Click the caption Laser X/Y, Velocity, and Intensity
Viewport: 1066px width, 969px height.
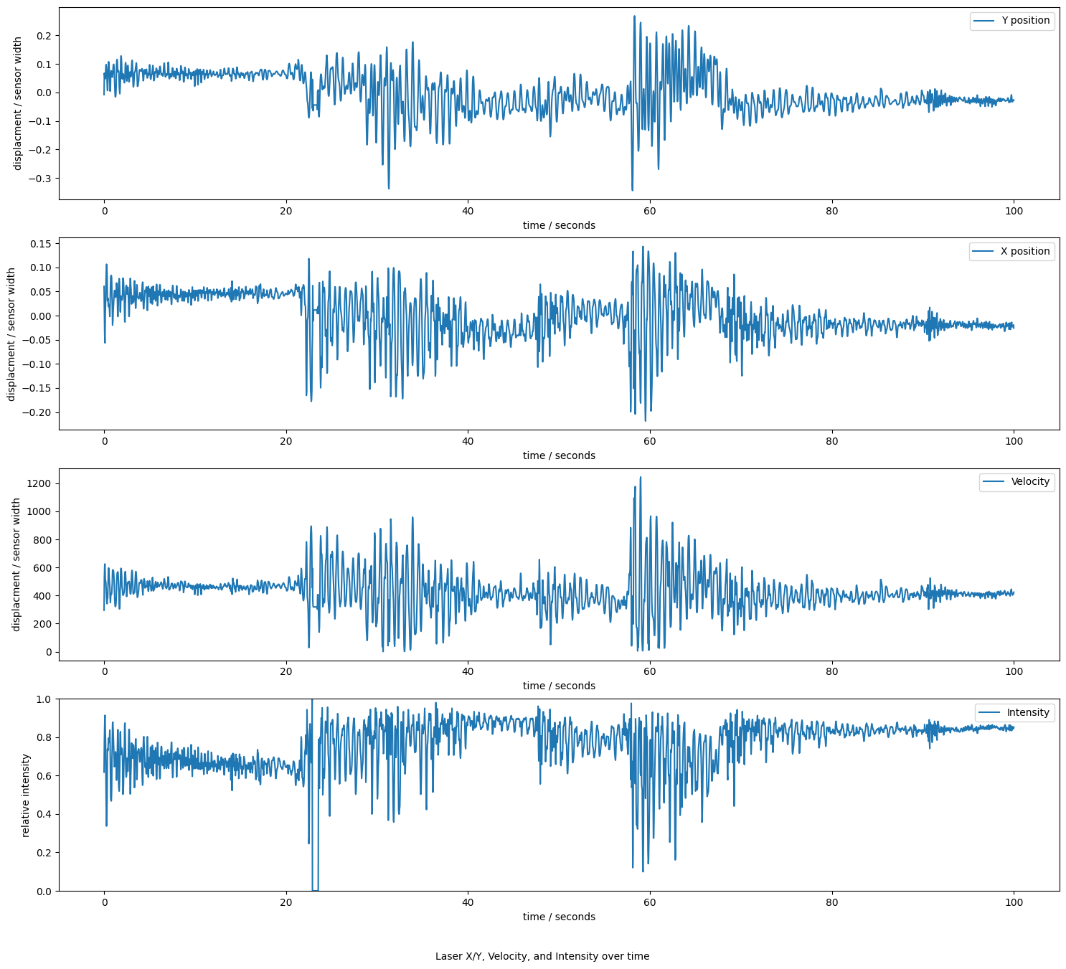542,956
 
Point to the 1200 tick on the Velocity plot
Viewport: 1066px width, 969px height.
37,483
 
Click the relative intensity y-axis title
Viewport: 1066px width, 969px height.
26,795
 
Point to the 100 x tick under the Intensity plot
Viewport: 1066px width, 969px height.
1013,902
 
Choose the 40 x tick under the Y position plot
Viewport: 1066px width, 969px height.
468,211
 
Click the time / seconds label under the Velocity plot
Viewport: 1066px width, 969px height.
559,686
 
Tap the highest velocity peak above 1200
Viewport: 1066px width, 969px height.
641,477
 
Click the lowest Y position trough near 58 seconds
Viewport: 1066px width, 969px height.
632,190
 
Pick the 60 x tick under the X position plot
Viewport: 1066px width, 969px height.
650,441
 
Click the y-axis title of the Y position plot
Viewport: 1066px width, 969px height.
18,103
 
